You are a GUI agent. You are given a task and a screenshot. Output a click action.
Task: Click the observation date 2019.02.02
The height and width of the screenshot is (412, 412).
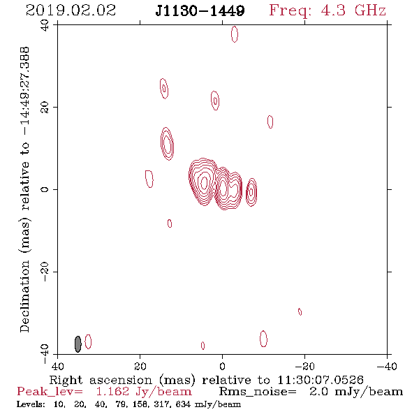pyautogui.click(x=71, y=10)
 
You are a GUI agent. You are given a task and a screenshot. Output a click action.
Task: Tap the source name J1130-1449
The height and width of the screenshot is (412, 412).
pyautogui.click(x=200, y=10)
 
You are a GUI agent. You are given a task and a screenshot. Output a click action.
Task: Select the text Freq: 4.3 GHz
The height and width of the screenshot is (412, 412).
pyautogui.click(x=328, y=11)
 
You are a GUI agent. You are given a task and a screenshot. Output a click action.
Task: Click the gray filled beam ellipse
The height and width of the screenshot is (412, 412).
pyautogui.click(x=78, y=344)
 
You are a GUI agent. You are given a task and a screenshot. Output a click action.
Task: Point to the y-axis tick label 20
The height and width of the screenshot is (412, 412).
pyautogui.click(x=45, y=108)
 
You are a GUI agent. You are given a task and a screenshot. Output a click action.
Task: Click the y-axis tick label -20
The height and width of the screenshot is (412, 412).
pyautogui.click(x=45, y=272)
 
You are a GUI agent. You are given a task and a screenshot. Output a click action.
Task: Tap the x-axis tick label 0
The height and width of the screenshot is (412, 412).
pyautogui.click(x=222, y=367)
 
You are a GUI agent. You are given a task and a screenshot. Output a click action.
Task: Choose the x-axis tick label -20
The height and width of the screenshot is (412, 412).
pyautogui.click(x=304, y=367)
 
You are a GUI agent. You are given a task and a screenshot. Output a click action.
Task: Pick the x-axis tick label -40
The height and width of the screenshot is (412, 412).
pyautogui.click(x=387, y=367)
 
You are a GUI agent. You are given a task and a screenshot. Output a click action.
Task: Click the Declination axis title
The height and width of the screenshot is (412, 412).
pyautogui.click(x=24, y=189)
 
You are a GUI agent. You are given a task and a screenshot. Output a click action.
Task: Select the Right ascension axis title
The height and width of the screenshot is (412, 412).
pyautogui.click(x=206, y=380)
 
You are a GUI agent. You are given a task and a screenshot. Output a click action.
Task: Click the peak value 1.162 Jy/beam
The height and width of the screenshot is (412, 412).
pyautogui.click(x=144, y=392)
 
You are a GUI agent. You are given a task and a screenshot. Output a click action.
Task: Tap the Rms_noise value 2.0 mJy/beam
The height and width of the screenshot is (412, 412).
pyautogui.click(x=356, y=392)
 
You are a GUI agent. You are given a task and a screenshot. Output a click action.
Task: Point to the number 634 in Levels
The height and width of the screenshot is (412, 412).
pyautogui.click(x=183, y=404)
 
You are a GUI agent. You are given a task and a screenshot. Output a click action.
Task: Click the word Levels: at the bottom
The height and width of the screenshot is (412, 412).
pyautogui.click(x=31, y=404)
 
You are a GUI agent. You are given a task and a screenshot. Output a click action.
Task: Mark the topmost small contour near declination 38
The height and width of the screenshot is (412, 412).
pyautogui.click(x=235, y=34)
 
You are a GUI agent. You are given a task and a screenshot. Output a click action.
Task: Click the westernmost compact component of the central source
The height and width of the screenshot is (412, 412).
pyautogui.click(x=251, y=192)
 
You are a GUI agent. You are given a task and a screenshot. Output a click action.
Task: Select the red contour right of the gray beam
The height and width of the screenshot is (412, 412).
pyautogui.click(x=88, y=341)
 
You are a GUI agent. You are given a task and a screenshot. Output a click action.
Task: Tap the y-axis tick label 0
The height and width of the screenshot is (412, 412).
pyautogui.click(x=45, y=189)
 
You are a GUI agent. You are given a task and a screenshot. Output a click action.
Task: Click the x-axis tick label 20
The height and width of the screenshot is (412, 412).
pyautogui.click(x=140, y=367)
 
